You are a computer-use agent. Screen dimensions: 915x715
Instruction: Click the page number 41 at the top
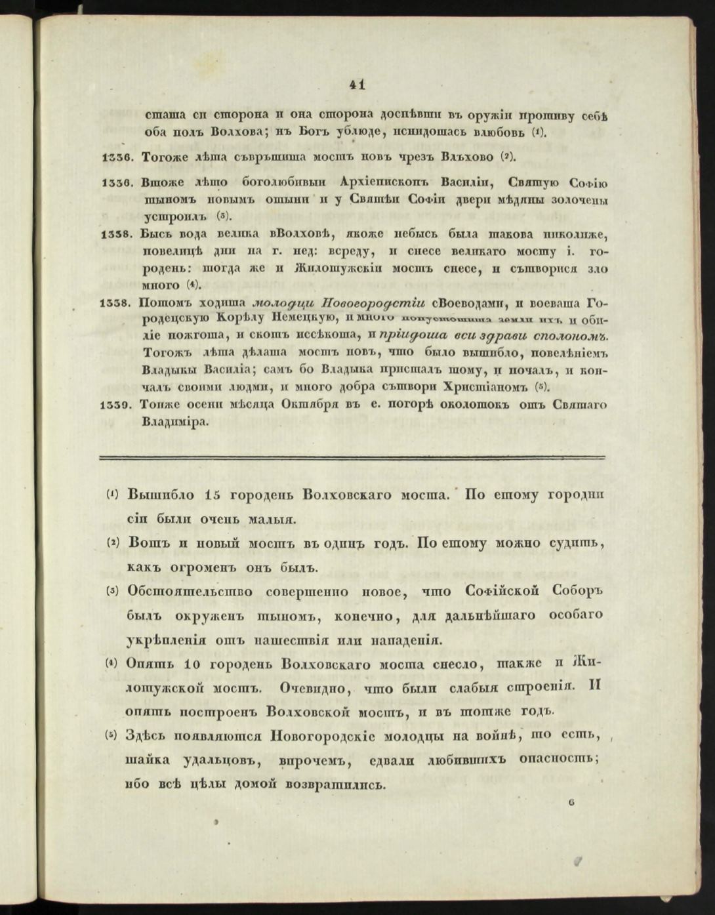(357, 85)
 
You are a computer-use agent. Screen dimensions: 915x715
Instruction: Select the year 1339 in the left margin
(118, 405)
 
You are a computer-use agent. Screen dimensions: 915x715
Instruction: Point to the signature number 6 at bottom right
(572, 801)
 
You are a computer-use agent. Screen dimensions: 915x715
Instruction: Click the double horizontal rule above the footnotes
(352, 457)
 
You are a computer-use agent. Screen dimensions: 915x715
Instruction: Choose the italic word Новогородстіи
(373, 302)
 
